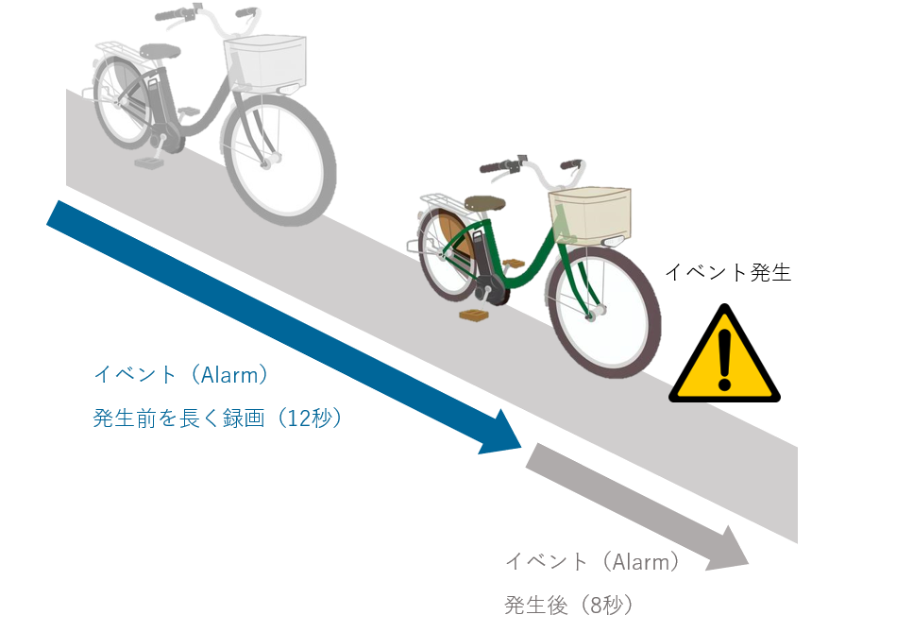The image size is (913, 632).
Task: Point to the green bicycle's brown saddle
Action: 482,201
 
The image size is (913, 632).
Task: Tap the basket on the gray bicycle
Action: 266,60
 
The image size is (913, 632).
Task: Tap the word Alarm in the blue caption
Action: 230,374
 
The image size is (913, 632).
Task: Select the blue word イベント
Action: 134,374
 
